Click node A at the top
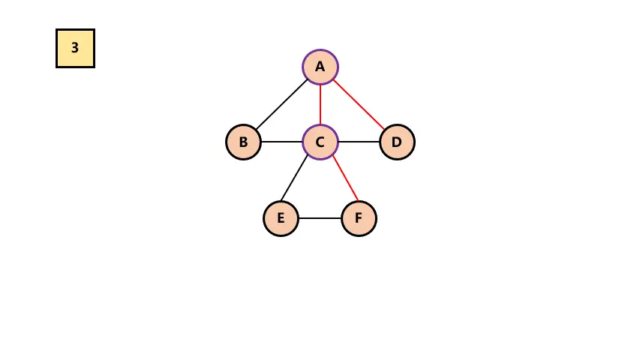tap(320, 67)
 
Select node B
tap(243, 142)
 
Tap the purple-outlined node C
tap(320, 142)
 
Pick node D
tap(397, 142)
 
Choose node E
tap(281, 218)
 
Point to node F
tap(359, 218)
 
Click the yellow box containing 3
tap(75, 48)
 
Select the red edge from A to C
tap(320, 104)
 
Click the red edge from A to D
tap(359, 104)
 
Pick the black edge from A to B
tap(282, 104)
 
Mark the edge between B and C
tap(281, 142)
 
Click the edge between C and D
tap(359, 142)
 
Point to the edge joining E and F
tap(320, 218)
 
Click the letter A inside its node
tap(320, 67)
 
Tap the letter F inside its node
tap(359, 218)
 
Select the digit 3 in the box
tap(75, 48)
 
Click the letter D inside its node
tap(397, 142)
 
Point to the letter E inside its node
tap(281, 218)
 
